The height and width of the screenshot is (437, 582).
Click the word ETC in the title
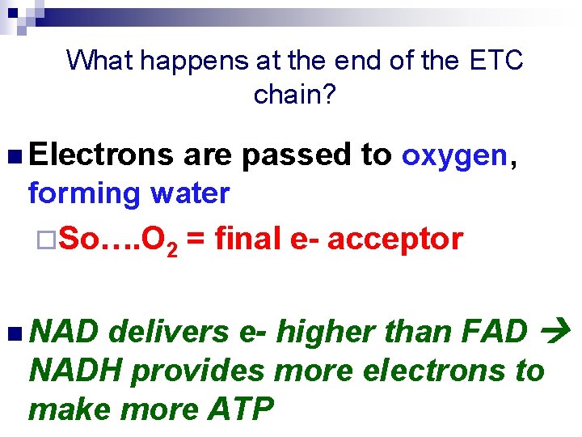click(494, 60)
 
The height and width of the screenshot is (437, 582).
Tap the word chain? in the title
click(294, 95)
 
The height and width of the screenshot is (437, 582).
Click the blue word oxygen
click(453, 155)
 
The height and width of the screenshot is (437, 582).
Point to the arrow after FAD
click(559, 332)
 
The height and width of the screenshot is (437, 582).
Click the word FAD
click(495, 332)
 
